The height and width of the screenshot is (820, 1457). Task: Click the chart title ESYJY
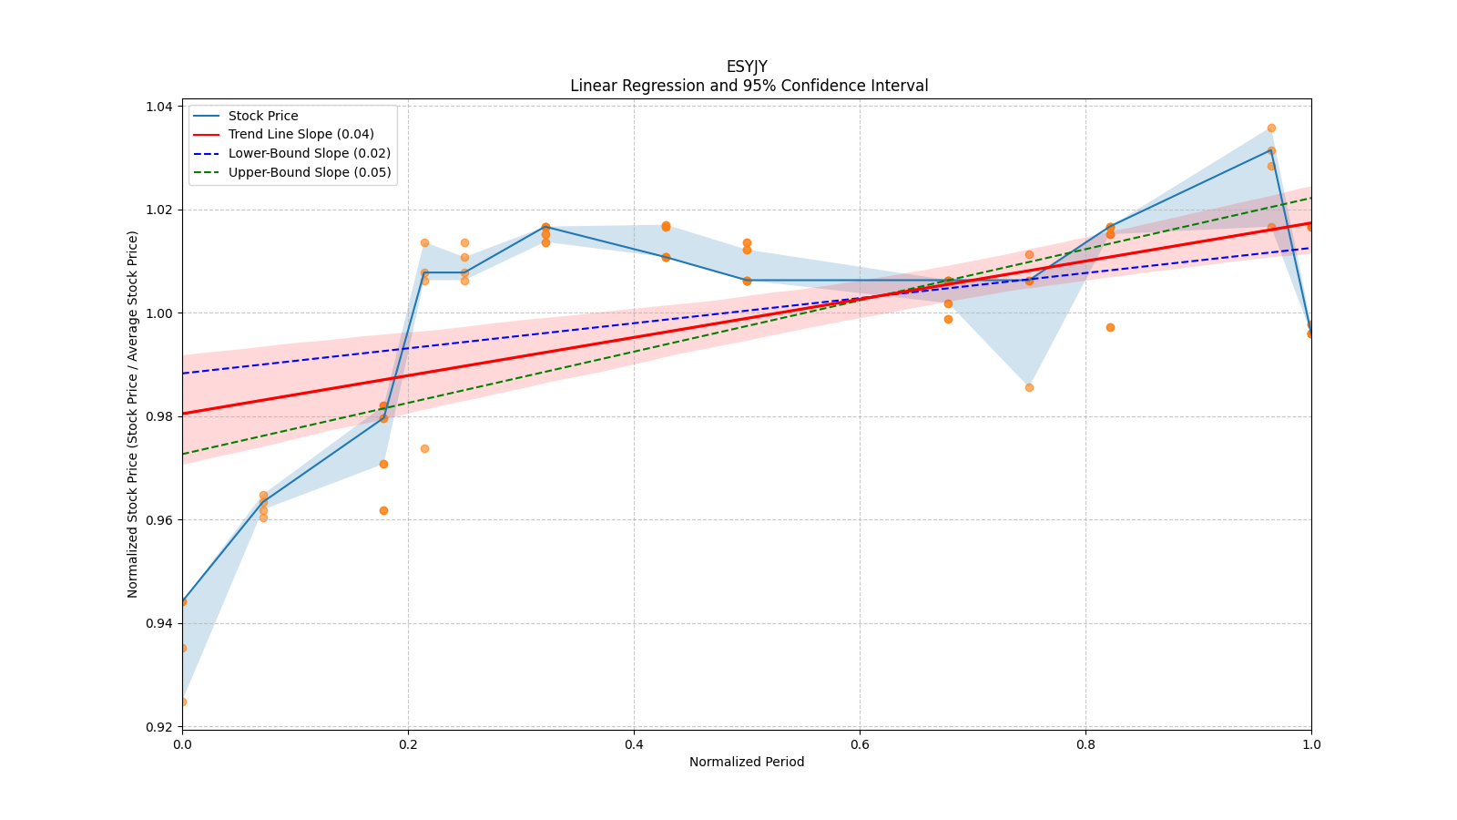[x=747, y=67]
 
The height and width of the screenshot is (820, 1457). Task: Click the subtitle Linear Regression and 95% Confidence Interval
[x=749, y=86]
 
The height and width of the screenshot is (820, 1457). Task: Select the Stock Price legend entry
[x=263, y=116]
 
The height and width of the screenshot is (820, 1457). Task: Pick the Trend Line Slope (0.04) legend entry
[x=301, y=135]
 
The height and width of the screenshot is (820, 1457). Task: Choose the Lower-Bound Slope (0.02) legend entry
[x=309, y=153]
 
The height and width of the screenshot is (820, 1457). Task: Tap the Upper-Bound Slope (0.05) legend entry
[x=310, y=172]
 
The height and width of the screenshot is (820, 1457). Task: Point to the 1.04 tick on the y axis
[x=159, y=107]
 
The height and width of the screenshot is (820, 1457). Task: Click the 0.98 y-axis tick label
[x=159, y=416]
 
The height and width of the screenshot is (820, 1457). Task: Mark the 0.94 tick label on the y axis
[x=159, y=623]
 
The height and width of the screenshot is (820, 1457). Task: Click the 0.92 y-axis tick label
[x=159, y=727]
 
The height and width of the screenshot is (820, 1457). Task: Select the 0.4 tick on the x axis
[x=634, y=744]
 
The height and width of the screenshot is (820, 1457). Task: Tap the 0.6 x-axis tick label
[x=860, y=744]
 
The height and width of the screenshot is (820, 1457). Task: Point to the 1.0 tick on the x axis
[x=1311, y=744]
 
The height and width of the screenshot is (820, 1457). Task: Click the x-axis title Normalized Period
[x=747, y=762]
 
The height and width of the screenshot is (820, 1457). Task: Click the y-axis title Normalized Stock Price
[x=133, y=415]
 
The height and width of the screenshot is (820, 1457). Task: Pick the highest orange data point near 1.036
[x=1271, y=128]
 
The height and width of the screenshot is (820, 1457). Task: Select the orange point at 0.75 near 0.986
[x=1029, y=387]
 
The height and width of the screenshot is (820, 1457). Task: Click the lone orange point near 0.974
[x=424, y=448]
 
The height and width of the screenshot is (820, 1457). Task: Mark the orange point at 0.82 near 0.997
[x=1110, y=327]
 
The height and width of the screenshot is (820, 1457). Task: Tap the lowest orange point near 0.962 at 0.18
[x=383, y=510]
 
